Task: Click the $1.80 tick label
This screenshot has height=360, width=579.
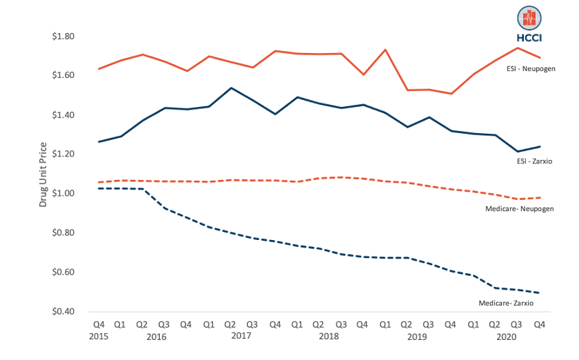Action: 63,36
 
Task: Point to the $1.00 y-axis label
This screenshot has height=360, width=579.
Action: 63,193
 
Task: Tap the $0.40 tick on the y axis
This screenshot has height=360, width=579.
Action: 63,312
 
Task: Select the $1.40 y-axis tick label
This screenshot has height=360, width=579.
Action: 63,114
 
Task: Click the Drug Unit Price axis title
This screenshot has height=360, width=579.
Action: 43,174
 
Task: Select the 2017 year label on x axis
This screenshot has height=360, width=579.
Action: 241,336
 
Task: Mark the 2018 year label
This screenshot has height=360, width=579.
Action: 329,336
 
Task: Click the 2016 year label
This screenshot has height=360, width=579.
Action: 156,336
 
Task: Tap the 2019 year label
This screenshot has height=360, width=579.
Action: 417,336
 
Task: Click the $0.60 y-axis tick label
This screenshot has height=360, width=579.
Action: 63,272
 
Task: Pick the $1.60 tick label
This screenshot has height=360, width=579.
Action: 63,75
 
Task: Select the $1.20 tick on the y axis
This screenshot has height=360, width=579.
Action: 63,154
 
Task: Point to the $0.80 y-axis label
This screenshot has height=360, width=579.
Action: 63,232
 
